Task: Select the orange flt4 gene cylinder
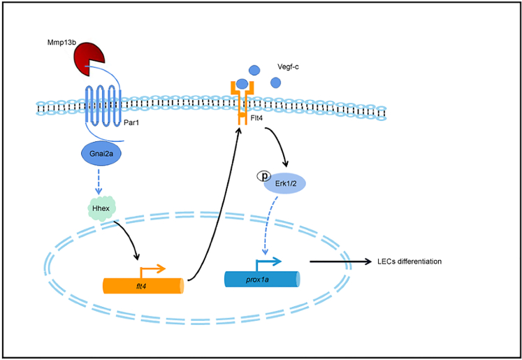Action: pos(143,286)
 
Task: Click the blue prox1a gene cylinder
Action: pos(262,280)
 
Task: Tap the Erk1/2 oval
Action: pos(284,183)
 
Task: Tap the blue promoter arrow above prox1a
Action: pos(270,262)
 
